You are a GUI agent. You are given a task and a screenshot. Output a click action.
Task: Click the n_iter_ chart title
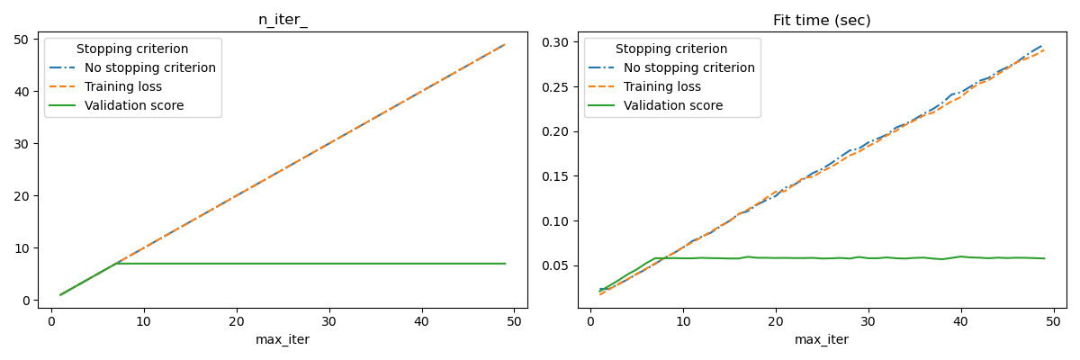[283, 21]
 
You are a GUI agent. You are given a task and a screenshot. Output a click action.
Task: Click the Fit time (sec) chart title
[822, 21]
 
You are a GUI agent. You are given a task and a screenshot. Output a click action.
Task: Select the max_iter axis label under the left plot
[283, 340]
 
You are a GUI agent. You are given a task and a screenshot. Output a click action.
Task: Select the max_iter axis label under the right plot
[822, 340]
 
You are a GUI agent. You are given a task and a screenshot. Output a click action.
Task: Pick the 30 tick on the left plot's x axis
[329, 320]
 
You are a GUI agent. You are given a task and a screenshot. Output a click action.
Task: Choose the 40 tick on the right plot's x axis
[961, 320]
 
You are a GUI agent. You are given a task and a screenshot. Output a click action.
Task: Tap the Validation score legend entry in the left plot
[134, 105]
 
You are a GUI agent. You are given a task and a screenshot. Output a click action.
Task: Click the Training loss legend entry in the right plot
[662, 86]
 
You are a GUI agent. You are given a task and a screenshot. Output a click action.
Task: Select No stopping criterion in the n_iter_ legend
[150, 67]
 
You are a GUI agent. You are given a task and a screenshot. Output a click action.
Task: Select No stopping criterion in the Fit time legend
[689, 67]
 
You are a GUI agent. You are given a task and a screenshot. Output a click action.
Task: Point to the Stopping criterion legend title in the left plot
[132, 49]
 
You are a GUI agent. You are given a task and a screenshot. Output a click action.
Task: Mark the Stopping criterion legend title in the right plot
[671, 49]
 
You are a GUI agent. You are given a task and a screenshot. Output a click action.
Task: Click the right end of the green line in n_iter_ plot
[505, 264]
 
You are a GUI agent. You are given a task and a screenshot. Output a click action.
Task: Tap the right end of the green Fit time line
[1044, 258]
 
